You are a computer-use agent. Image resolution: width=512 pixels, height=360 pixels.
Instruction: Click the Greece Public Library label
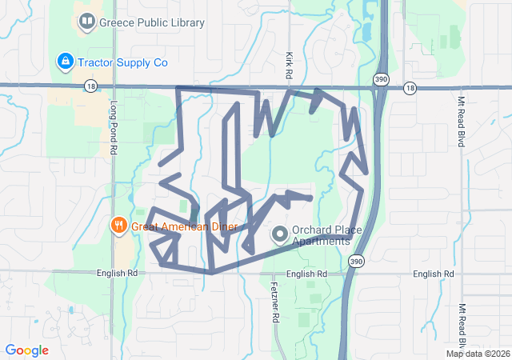coord(151,23)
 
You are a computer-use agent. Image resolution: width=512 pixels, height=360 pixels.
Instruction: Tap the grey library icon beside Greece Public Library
coord(86,23)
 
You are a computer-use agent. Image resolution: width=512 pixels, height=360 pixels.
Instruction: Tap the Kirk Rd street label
coord(289,66)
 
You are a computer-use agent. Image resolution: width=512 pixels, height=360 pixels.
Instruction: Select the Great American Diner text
coord(185,226)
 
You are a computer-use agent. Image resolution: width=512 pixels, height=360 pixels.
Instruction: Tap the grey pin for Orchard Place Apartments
coord(280,235)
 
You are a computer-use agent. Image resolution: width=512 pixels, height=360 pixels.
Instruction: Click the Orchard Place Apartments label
coord(326,235)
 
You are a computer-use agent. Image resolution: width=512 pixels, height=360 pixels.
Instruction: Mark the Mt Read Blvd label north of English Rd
coord(461,121)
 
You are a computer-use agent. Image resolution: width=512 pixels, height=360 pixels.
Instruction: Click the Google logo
coord(27,350)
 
